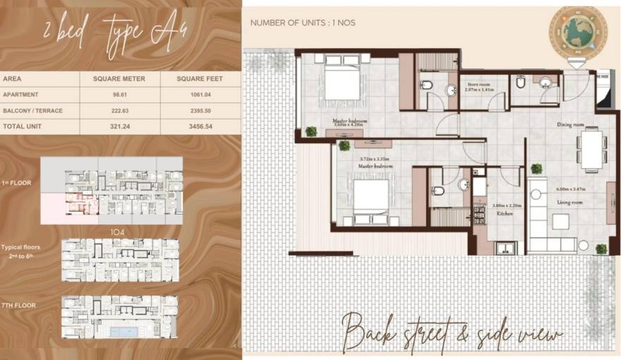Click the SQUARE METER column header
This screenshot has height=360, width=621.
click(119, 78)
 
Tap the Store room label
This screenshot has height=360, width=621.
click(478, 85)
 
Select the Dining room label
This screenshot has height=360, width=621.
click(570, 125)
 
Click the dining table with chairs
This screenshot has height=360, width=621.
click(590, 150)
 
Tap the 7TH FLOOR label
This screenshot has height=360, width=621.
click(19, 306)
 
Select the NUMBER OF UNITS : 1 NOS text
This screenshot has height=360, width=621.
click(303, 23)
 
